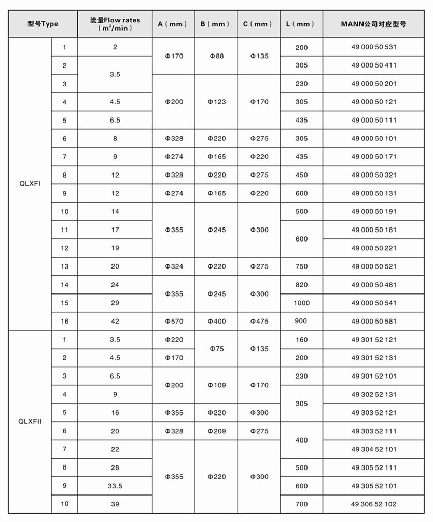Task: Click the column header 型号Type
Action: coord(43,24)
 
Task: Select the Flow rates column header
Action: coord(115,24)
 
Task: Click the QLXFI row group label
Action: coord(30,184)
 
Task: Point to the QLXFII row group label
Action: coord(30,421)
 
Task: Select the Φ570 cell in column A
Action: coord(174,321)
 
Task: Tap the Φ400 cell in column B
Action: coord(216,321)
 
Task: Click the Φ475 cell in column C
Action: coord(259,321)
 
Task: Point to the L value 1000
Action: coord(301,303)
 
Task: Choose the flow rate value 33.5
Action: coord(115,486)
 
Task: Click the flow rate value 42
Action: coord(115,321)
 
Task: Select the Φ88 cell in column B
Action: coord(216,56)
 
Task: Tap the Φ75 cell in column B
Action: coord(216,349)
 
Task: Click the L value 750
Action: coord(301,266)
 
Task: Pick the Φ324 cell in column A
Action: coord(174,266)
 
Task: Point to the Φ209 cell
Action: coord(216,431)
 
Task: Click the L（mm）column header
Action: coord(301,24)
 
